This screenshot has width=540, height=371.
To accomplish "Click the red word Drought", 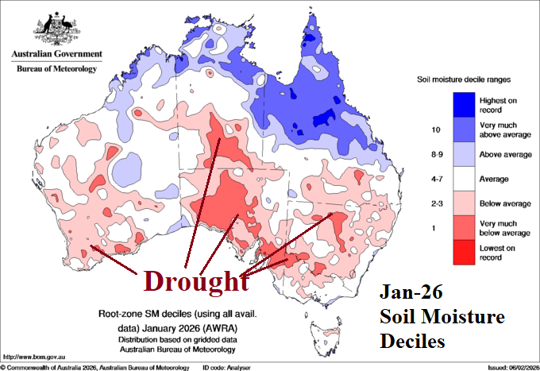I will pyautogui.click(x=191, y=282).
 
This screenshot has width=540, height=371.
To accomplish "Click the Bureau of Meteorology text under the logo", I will pyautogui.click(x=56, y=69).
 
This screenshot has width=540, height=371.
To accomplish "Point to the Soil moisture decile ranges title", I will pyautogui.click(x=465, y=80).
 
